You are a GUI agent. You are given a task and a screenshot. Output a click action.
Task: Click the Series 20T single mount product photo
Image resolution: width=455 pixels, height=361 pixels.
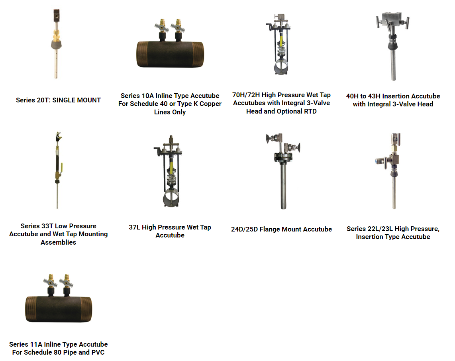[x=56, y=43]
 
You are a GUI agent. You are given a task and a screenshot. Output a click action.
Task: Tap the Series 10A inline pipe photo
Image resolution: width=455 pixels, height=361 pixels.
[x=170, y=43]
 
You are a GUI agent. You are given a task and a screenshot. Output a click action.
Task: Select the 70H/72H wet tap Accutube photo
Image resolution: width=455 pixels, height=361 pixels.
[x=279, y=44]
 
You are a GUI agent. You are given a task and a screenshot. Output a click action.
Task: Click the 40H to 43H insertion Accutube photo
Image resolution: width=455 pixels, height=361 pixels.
[x=393, y=47]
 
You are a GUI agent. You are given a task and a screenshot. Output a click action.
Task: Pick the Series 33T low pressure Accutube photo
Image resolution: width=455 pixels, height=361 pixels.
[x=58, y=170]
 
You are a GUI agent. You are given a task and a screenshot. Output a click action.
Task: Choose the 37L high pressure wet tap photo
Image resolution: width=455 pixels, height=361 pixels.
[x=171, y=171]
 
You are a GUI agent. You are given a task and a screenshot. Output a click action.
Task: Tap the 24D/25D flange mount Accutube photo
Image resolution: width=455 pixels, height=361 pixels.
[x=283, y=171]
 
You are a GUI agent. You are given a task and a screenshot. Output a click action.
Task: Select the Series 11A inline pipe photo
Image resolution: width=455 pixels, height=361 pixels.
[x=59, y=298]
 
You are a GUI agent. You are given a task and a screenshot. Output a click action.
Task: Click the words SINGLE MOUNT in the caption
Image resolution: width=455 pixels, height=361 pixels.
[x=76, y=100]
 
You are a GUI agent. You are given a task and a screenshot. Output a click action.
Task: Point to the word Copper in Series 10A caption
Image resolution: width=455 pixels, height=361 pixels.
[x=210, y=104]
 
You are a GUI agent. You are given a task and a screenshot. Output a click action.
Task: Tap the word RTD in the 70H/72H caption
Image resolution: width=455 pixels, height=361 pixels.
[x=310, y=112]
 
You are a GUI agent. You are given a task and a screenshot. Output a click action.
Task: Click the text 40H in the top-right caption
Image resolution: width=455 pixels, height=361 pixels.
[x=352, y=96]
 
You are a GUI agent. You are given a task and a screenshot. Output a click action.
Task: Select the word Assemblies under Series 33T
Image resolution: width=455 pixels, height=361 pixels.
[x=58, y=242]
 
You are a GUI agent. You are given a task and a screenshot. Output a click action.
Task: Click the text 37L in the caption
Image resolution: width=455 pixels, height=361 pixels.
[x=134, y=227]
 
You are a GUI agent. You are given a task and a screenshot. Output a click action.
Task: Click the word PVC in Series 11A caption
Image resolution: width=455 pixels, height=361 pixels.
[x=98, y=352]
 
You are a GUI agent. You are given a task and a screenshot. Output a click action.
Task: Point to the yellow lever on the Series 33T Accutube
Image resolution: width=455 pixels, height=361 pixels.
[x=62, y=167]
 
